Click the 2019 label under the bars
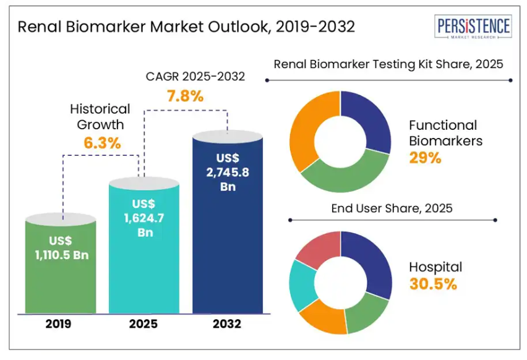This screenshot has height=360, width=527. coord(61,324)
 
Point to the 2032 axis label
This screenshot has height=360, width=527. coord(226,324)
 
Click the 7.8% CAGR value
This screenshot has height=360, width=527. coord(185,96)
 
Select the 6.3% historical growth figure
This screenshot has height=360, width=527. coord(102,143)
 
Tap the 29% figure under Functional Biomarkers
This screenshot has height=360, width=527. coord(424,158)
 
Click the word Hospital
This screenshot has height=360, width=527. coord(435,267)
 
